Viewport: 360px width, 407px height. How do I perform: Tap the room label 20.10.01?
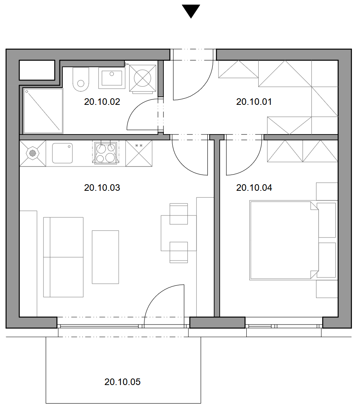[254, 102]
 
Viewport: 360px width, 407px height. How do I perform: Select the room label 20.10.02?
[102, 102]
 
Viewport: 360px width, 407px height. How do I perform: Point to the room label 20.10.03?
[102, 188]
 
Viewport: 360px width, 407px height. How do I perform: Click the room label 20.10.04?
[254, 188]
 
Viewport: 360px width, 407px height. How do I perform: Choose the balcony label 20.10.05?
[122, 382]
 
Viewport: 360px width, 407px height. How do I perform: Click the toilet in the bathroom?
[81, 79]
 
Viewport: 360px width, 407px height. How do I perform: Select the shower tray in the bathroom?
[43, 111]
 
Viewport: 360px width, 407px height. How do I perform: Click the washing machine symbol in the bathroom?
[143, 78]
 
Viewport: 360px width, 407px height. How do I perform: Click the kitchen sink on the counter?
[62, 153]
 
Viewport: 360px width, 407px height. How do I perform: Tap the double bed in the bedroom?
[284, 240]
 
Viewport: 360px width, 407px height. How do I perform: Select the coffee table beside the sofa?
[105, 257]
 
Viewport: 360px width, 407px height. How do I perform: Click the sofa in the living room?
[63, 257]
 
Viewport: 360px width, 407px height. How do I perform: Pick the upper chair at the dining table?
[178, 214]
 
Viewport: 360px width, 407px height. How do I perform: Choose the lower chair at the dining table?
[178, 252]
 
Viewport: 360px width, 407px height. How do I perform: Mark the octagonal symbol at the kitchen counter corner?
[32, 153]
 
